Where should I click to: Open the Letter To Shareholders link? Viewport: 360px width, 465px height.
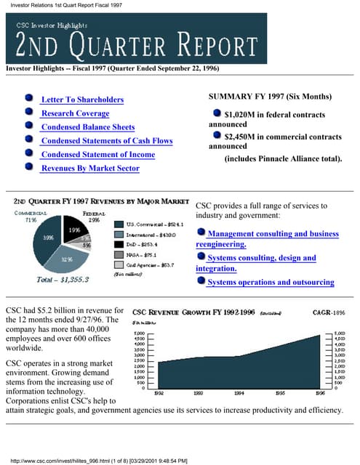pyautogui.click(x=82, y=100)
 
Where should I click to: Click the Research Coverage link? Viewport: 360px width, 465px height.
pyautogui.click(x=75, y=113)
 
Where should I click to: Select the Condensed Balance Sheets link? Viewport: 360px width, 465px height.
pyautogui.click(x=87, y=127)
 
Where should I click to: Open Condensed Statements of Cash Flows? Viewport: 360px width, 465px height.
pyautogui.click(x=107, y=141)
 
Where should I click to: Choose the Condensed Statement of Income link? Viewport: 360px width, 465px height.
pyautogui.click(x=97, y=155)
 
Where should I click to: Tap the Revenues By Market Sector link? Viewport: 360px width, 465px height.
pyautogui.click(x=89, y=169)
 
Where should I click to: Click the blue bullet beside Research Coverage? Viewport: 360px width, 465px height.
pyautogui.click(x=28, y=113)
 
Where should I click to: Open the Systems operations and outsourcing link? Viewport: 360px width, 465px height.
pyautogui.click(x=271, y=282)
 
